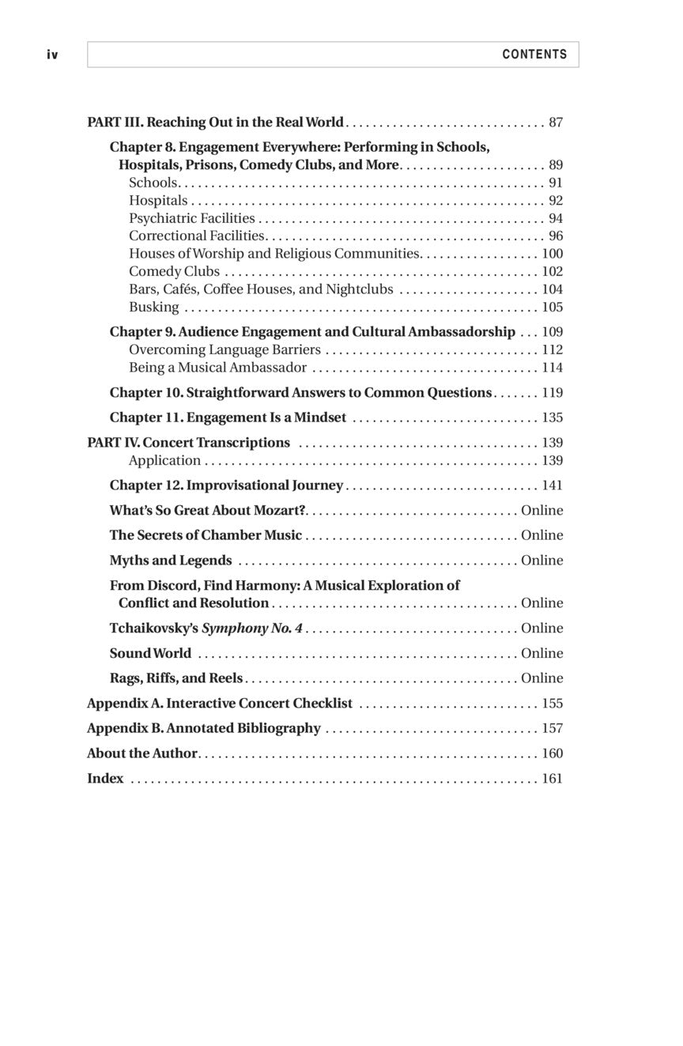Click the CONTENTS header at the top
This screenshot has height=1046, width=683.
(x=534, y=55)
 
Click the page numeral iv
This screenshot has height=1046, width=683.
(x=52, y=55)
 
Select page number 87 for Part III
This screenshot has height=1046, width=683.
(x=555, y=123)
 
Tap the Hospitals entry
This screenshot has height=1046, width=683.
(x=158, y=201)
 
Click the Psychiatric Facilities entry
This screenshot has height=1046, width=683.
(x=192, y=218)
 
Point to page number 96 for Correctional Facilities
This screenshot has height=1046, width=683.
(x=555, y=236)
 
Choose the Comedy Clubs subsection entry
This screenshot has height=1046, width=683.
(x=174, y=271)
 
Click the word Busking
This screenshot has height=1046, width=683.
(x=154, y=307)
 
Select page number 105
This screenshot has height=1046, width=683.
(x=552, y=307)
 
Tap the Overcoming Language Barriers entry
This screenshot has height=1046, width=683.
(x=225, y=349)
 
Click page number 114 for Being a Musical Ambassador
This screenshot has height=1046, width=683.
(x=552, y=368)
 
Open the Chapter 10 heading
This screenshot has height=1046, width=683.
(x=300, y=393)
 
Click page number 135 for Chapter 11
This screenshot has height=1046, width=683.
(x=552, y=417)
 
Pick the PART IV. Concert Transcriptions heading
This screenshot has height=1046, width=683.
(x=188, y=443)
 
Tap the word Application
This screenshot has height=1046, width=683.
(x=164, y=460)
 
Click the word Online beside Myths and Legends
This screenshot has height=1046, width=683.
(x=541, y=561)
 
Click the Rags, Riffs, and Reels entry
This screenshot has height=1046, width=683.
(x=176, y=678)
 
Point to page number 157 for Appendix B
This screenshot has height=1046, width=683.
(x=552, y=728)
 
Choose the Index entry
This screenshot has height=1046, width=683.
(x=105, y=779)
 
